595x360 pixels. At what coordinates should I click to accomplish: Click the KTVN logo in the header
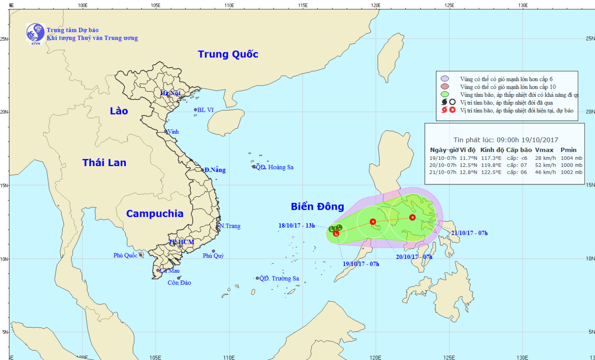click(35, 33)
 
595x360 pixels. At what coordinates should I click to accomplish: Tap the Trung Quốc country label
click(228, 54)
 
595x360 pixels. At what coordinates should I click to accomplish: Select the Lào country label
click(119, 111)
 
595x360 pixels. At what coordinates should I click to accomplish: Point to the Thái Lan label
click(104, 163)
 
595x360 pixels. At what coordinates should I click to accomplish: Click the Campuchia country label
click(155, 214)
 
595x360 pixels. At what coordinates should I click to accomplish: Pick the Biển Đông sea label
click(317, 207)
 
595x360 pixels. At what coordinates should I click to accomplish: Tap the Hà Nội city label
click(171, 93)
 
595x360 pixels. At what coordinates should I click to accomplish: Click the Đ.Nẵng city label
click(215, 170)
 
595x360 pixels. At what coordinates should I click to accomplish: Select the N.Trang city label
click(230, 226)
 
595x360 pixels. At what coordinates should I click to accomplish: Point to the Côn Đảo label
click(179, 283)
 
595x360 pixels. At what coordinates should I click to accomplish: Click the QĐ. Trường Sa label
click(279, 278)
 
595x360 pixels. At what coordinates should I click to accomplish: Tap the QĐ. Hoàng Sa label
click(275, 167)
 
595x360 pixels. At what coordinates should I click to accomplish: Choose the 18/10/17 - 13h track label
click(297, 226)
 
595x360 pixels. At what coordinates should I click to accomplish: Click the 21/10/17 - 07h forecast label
click(469, 233)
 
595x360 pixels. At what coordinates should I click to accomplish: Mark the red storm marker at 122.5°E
click(413, 217)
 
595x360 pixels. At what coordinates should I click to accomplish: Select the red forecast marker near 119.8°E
click(373, 222)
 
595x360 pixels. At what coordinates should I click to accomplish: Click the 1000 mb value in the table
click(571, 165)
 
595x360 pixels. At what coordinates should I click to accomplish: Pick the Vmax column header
click(544, 150)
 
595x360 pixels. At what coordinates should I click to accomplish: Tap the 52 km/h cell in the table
click(545, 165)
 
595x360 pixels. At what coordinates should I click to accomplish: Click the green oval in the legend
click(445, 94)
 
